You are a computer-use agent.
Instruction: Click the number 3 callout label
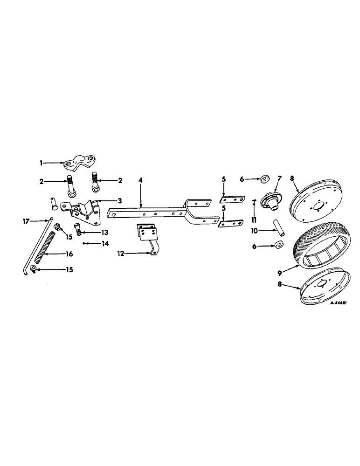[120, 200]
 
